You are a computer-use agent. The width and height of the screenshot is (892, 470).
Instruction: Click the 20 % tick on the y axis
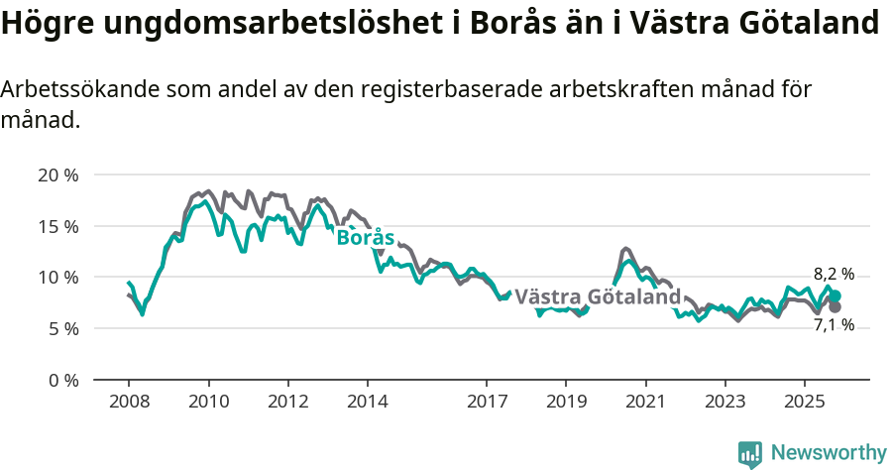click(x=57, y=176)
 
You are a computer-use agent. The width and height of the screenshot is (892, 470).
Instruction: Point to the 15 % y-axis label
click(x=57, y=226)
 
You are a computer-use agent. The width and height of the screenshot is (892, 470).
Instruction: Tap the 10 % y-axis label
click(x=57, y=278)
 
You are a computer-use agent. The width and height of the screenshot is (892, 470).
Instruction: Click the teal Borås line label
click(x=366, y=238)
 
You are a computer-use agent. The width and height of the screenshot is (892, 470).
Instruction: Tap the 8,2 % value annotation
click(x=834, y=275)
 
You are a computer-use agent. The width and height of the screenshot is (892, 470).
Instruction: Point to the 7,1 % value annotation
click(x=834, y=325)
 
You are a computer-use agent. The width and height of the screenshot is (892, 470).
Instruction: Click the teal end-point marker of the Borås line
click(x=835, y=295)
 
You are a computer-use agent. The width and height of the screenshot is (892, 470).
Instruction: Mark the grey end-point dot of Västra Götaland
click(x=835, y=307)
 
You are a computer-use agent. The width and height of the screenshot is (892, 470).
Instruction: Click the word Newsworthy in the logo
click(x=829, y=453)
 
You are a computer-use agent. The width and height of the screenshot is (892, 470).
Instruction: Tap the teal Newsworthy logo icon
click(x=750, y=454)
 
